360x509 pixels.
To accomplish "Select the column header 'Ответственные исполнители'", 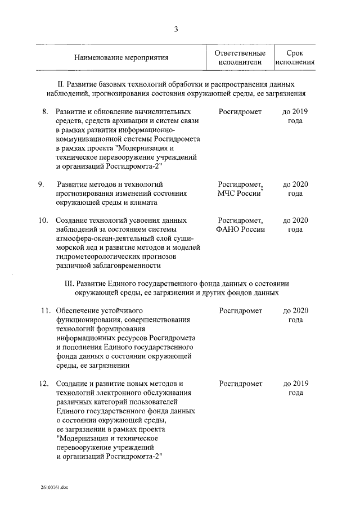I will pyautogui.click(x=240, y=57).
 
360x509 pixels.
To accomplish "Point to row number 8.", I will pyautogui.click(x=45, y=112).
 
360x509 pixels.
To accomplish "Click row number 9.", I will pyautogui.click(x=41, y=184).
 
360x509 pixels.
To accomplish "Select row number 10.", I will pyautogui.click(x=43, y=220).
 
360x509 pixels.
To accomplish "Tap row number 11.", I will pyautogui.click(x=44, y=310).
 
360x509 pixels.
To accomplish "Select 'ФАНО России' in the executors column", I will pyautogui.click(x=241, y=229).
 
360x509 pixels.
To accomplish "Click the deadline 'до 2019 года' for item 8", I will pyautogui.click(x=295, y=116).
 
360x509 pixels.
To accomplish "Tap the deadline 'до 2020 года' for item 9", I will pyautogui.click(x=295, y=188).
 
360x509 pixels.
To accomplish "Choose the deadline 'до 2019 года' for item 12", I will pyautogui.click(x=295, y=388).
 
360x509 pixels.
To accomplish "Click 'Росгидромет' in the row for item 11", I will pyautogui.click(x=241, y=310).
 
